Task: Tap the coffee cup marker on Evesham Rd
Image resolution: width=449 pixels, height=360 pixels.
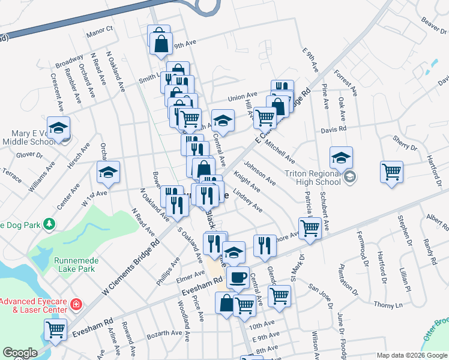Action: [238, 277]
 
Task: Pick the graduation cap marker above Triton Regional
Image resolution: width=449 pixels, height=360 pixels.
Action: [341, 158]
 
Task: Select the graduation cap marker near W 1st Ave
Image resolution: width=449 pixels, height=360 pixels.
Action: [108, 172]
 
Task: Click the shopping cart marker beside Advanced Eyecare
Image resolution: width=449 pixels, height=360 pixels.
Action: [55, 329]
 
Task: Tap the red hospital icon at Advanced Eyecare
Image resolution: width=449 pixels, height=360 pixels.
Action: [76, 304]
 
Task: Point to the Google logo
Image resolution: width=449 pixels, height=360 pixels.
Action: [20, 353]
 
